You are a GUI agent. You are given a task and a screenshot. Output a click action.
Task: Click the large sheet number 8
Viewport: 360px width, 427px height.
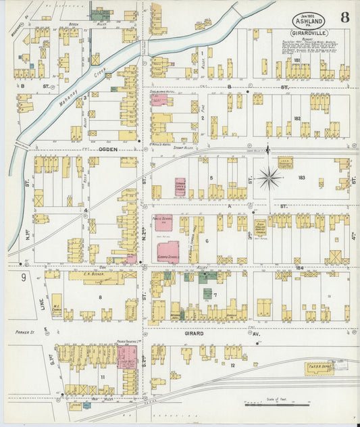[x=344, y=18]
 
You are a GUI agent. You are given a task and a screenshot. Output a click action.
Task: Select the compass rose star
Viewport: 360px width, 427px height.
[x=269, y=178]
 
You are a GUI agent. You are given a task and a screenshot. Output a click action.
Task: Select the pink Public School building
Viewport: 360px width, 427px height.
[x=163, y=224]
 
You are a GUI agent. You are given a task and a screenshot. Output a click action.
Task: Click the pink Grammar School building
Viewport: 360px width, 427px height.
[x=168, y=251]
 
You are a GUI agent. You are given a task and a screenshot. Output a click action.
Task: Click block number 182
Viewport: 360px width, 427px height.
[x=297, y=118]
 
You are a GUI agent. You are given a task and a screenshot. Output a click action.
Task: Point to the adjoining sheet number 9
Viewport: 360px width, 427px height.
[x=23, y=277]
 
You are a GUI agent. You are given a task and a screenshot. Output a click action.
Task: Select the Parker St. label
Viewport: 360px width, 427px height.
[x=25, y=332]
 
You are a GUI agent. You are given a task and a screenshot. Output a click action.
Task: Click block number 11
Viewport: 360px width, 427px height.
[x=103, y=376]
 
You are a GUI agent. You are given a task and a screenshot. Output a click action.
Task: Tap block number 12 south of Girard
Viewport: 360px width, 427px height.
[x=232, y=365]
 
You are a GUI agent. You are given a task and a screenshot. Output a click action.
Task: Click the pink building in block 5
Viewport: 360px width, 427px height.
[x=180, y=186]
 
